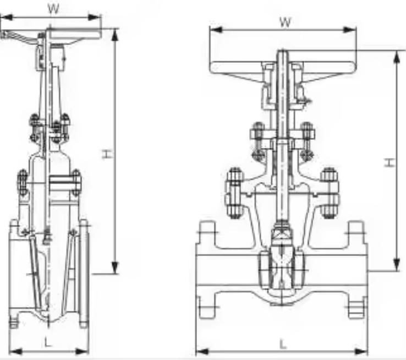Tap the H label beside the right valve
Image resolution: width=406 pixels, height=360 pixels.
click(388, 162)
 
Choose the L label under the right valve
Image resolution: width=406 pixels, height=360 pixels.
click(282, 344)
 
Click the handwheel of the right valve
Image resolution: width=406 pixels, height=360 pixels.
click(283, 68)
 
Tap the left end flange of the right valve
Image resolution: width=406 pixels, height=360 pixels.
click(207, 270)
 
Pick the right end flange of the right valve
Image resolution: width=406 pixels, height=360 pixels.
click(357, 270)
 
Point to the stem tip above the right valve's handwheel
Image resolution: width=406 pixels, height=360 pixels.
click(282, 53)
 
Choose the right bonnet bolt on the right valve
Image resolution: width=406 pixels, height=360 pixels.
click(330, 190)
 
